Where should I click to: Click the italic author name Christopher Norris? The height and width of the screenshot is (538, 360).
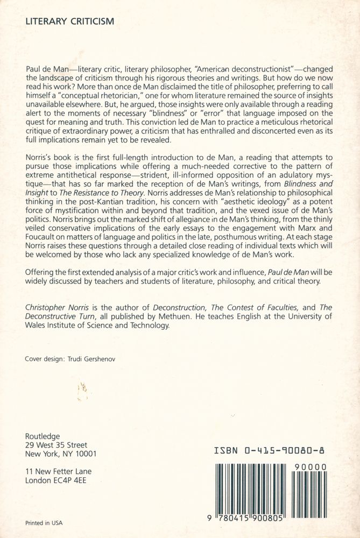[58, 306]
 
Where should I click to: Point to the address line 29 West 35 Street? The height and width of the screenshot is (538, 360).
[56, 445]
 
